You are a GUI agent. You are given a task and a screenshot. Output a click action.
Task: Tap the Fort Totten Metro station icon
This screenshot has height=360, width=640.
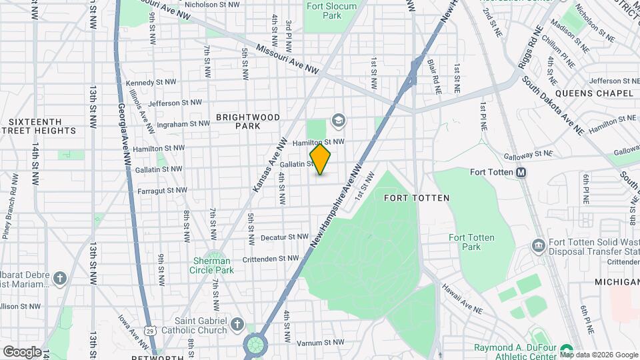click(521, 172)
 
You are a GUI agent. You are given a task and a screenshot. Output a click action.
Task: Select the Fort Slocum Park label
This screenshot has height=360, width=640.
click(331, 11)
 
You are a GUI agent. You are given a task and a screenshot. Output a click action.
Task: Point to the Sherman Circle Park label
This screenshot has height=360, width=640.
click(213, 265)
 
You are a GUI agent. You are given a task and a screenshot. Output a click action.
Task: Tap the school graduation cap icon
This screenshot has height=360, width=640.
click(338, 120)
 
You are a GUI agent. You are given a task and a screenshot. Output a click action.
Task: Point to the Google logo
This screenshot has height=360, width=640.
click(22, 351)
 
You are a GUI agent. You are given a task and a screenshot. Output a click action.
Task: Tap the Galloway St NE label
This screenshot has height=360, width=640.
click(528, 155)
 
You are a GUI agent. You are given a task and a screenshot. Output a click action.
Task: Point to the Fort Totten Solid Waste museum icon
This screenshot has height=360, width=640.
click(537, 246)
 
